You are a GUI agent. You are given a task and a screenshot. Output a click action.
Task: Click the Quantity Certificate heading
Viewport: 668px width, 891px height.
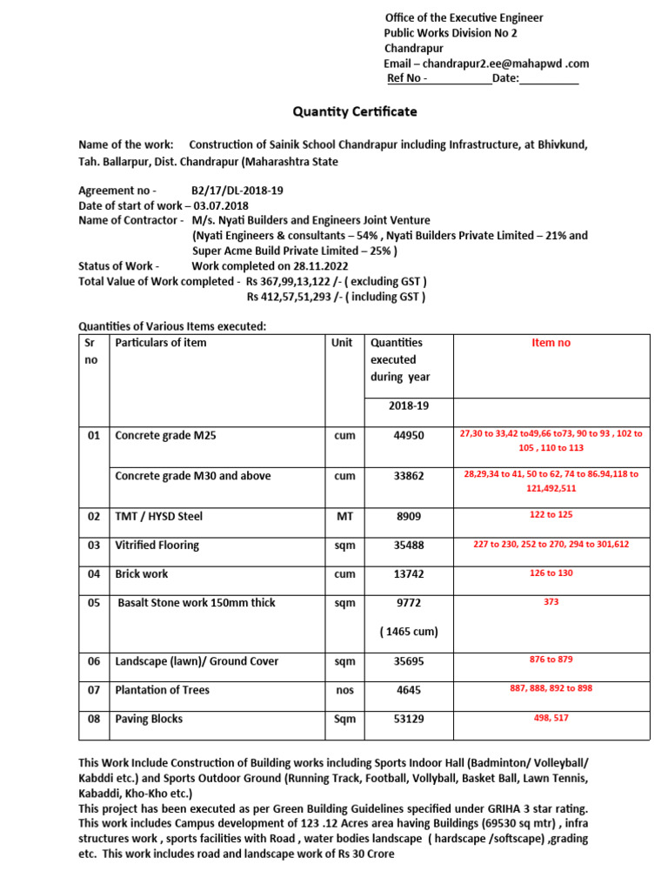point(354,111)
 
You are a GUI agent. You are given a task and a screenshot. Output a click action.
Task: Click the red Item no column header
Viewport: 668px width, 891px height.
point(551,343)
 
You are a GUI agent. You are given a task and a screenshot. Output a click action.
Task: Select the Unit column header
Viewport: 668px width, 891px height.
point(342,343)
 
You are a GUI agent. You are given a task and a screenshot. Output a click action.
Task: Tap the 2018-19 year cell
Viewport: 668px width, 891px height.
point(409,405)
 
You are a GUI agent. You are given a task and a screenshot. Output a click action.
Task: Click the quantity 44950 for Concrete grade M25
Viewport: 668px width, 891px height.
point(409,435)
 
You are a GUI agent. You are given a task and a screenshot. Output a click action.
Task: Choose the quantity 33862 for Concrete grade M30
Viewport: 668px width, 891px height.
point(409,476)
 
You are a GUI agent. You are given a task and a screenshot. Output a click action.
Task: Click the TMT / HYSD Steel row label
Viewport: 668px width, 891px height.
point(158,516)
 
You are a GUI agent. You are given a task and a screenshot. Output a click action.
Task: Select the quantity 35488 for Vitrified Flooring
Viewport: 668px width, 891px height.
point(409,546)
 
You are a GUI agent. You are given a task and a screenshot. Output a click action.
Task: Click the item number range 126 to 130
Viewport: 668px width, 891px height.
point(551,573)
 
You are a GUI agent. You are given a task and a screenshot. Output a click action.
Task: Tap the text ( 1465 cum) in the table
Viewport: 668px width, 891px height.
point(409,632)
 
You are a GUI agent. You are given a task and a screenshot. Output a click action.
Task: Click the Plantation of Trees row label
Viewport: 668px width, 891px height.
point(162,690)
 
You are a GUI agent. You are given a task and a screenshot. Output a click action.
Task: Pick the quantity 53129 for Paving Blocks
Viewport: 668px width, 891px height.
point(409,720)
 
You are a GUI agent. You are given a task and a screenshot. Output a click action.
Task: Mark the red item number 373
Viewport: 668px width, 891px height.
point(551,602)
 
